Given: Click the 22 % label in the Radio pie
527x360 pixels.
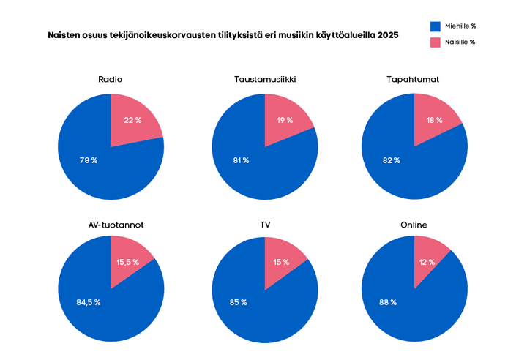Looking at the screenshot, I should pyautogui.click(x=132, y=120).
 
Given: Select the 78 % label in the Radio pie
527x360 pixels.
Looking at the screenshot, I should pyautogui.click(x=89, y=160).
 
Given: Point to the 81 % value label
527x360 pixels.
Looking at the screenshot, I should pyautogui.click(x=241, y=160).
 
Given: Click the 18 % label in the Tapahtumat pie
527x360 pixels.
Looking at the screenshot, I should pyautogui.click(x=434, y=120).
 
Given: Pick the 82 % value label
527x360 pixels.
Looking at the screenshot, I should pyautogui.click(x=392, y=160).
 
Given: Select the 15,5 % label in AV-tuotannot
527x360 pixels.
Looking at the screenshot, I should pyautogui.click(x=128, y=262).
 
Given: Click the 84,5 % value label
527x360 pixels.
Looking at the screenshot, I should pyautogui.click(x=89, y=302).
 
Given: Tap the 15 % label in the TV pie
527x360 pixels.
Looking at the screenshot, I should pyautogui.click(x=282, y=262).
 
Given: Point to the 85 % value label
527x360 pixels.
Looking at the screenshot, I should pyautogui.click(x=239, y=302).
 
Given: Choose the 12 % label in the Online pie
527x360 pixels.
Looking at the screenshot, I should pyautogui.click(x=427, y=262).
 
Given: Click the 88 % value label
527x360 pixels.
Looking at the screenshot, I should pyautogui.click(x=388, y=302).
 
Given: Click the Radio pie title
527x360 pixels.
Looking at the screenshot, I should pyautogui.click(x=111, y=79).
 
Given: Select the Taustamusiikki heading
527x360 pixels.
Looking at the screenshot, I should pyautogui.click(x=265, y=79).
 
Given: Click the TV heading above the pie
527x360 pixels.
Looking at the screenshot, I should pyautogui.click(x=265, y=225).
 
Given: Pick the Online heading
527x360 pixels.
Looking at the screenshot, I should pyautogui.click(x=414, y=225).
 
